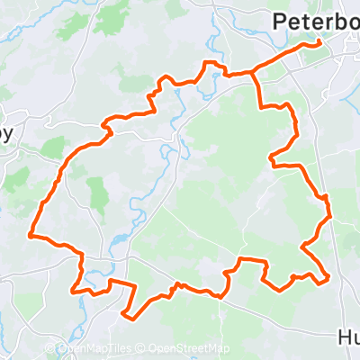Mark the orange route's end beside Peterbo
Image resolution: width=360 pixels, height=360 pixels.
point(319,42)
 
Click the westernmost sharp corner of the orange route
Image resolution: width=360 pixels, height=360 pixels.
point(31,236)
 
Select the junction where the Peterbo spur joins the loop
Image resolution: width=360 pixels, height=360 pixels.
point(254,71)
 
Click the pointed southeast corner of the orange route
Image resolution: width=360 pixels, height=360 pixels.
point(329,277)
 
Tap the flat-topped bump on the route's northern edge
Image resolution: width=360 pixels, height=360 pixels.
point(212,64)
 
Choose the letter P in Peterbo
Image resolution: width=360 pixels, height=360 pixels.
point(278,22)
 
